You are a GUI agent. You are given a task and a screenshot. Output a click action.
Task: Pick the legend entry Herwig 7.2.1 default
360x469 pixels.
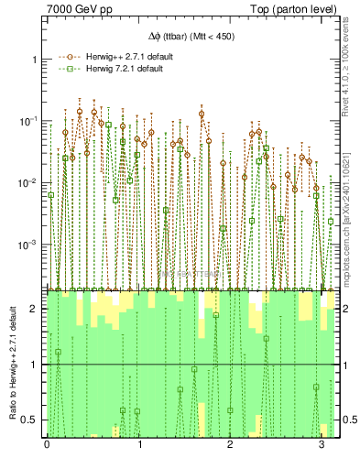pyautogui.click(x=119, y=70)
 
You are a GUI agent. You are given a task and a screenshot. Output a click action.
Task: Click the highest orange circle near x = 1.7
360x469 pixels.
pyautogui.click(x=202, y=115)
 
